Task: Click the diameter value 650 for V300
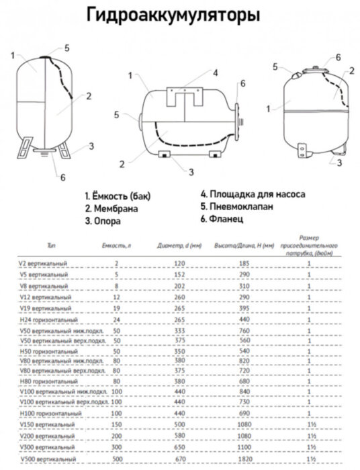point(178,449)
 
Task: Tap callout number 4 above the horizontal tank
point(216,72)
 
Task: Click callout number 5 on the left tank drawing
point(67,47)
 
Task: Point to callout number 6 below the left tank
point(62,177)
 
